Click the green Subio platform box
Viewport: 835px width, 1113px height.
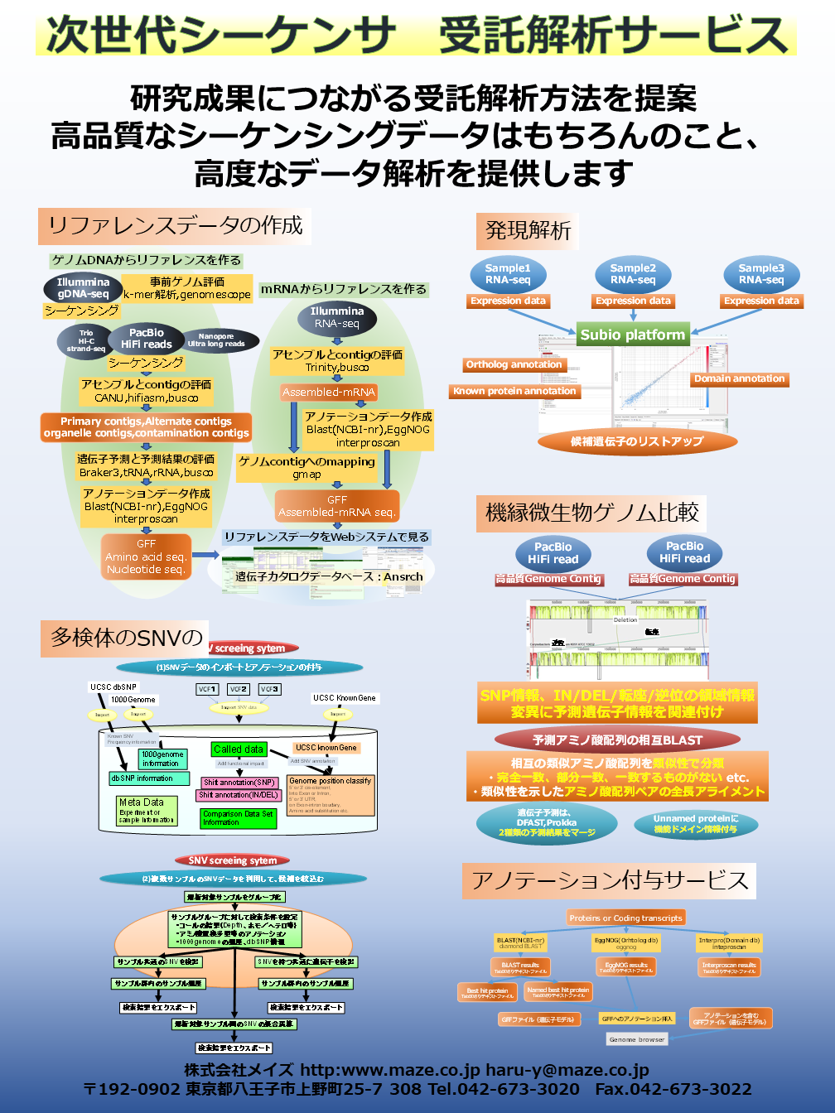pyautogui.click(x=633, y=335)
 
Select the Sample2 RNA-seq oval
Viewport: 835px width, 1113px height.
pyautogui.click(x=633, y=274)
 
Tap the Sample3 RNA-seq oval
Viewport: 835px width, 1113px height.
pyautogui.click(x=761, y=274)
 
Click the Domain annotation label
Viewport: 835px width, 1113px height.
pyautogui.click(x=739, y=379)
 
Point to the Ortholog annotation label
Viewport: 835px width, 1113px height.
pyautogui.click(x=514, y=364)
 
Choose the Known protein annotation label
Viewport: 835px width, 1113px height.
pyautogui.click(x=514, y=391)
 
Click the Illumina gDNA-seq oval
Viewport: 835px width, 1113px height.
pyautogui.click(x=83, y=288)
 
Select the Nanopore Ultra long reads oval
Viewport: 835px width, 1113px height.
pyautogui.click(x=216, y=340)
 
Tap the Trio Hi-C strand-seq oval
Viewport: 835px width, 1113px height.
pyautogui.click(x=86, y=341)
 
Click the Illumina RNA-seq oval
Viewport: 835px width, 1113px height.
pyautogui.click(x=337, y=317)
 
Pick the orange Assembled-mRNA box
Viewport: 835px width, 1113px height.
pyautogui.click(x=328, y=392)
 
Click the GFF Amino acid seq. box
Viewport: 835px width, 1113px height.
pyautogui.click(x=146, y=556)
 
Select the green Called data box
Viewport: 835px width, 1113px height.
pyautogui.click(x=239, y=749)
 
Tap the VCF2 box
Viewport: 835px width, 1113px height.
pyautogui.click(x=239, y=689)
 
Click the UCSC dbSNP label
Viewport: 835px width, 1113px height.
pyautogui.click(x=113, y=687)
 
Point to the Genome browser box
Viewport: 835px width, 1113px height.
pyautogui.click(x=637, y=1039)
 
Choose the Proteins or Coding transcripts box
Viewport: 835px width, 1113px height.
pyautogui.click(x=626, y=918)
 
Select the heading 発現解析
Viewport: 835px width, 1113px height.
pyautogui.click(x=528, y=231)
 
